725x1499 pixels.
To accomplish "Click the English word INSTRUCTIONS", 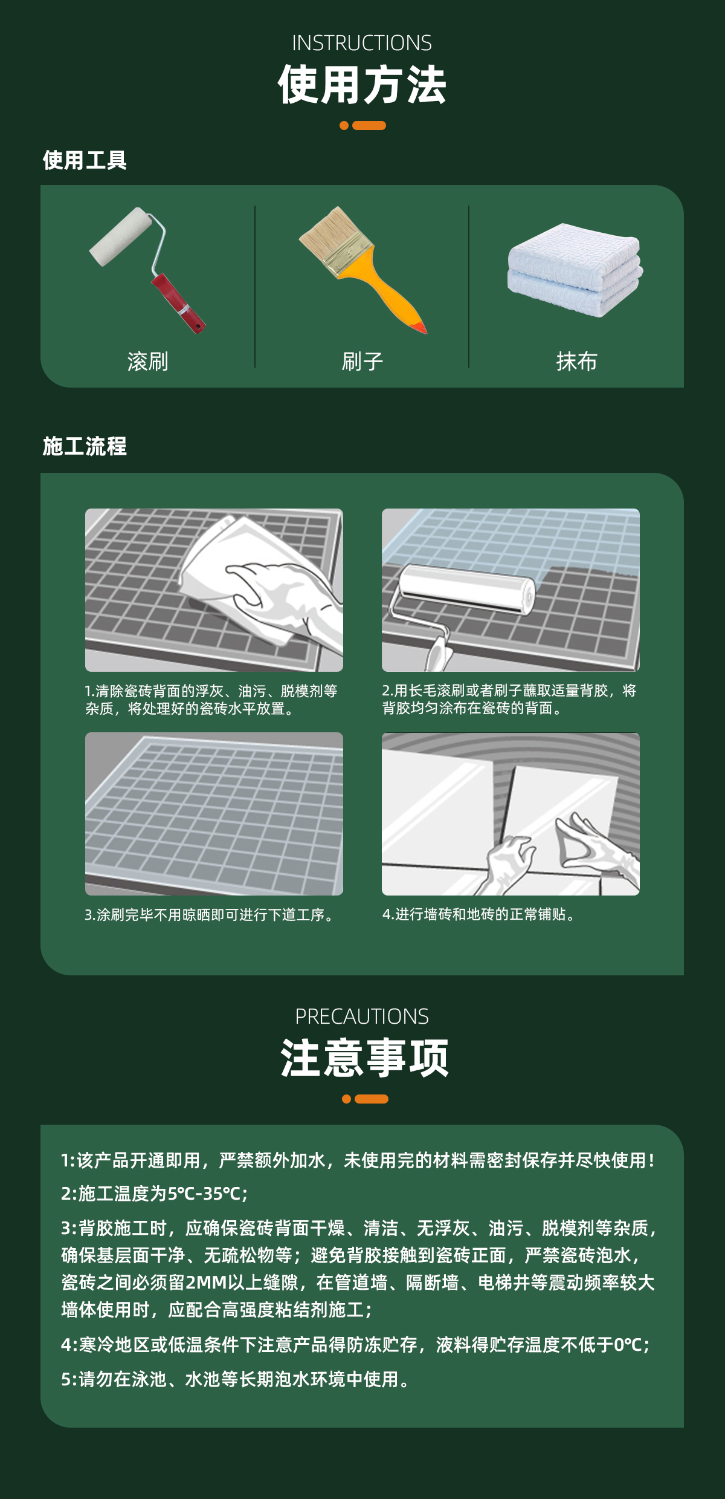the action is tap(362, 43).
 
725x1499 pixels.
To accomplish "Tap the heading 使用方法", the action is tap(362, 85).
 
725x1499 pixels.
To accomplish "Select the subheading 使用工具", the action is tap(85, 160).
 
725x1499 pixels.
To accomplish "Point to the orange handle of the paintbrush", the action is tap(387, 293).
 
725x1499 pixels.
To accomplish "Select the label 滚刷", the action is tap(147, 362).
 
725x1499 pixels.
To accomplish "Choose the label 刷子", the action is tap(362, 362).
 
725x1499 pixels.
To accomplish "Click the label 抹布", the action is tap(576, 362).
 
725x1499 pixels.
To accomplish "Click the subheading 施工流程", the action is tap(85, 446).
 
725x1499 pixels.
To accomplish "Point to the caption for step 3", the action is tap(209, 915).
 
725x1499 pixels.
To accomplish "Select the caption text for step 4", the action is tap(478, 914).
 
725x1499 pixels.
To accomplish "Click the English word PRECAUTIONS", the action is tap(362, 1016).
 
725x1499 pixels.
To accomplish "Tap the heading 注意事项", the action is tap(364, 1058).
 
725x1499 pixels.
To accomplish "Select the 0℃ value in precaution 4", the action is tap(628, 1345).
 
